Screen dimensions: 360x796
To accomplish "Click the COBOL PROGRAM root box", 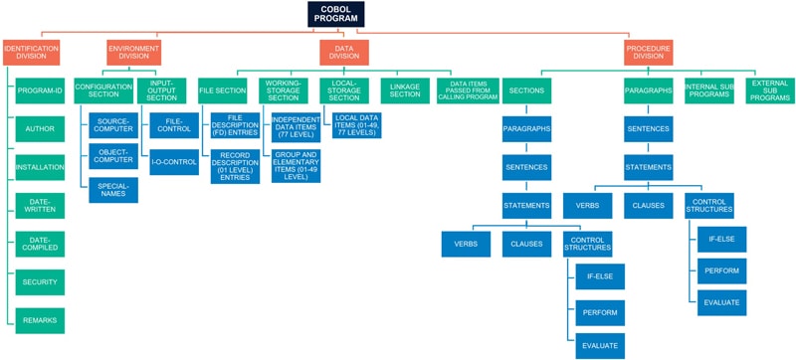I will (335, 14).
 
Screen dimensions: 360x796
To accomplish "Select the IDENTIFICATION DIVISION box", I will (31, 52).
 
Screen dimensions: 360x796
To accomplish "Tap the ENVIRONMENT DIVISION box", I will (133, 52).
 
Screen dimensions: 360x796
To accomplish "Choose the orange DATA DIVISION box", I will (344, 52).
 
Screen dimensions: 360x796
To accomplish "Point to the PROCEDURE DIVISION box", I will (649, 52).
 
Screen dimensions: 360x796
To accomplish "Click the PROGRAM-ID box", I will (40, 90).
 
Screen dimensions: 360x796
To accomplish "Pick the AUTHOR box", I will (40, 128).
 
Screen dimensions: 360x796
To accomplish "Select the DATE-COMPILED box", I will (40, 244).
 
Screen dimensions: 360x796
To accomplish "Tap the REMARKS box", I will (40, 320).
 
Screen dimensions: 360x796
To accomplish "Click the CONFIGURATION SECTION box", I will (103, 90).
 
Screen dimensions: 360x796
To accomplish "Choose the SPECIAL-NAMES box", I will (113, 190).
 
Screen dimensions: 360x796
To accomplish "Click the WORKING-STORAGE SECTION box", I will (284, 90).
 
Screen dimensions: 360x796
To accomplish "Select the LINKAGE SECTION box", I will (405, 90).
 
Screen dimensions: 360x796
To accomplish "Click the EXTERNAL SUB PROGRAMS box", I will (770, 90).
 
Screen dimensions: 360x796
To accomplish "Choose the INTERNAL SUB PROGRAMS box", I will (708, 90).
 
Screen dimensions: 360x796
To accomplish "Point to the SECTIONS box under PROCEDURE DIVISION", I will (526, 90).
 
